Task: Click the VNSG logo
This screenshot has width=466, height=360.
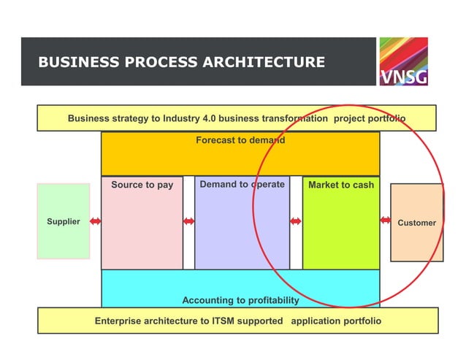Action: coord(403,61)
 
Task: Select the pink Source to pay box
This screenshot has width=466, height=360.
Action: coord(142,223)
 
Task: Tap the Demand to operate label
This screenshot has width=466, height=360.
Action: coord(242,185)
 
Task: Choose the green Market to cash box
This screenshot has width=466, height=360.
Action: coord(340,223)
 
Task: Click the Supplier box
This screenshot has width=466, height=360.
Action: coord(64,221)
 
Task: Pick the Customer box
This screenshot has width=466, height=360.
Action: coord(416,223)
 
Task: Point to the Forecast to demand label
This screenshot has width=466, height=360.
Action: coord(240,139)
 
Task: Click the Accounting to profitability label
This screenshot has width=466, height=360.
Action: coord(240,300)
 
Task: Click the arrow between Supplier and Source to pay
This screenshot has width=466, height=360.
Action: coord(95,221)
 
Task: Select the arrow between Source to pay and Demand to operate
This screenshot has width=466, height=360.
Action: coord(188,221)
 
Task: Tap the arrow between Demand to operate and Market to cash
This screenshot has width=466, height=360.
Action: coord(296,221)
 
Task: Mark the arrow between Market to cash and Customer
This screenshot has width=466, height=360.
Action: coord(385,221)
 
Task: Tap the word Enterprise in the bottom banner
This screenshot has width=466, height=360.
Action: coord(119,321)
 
